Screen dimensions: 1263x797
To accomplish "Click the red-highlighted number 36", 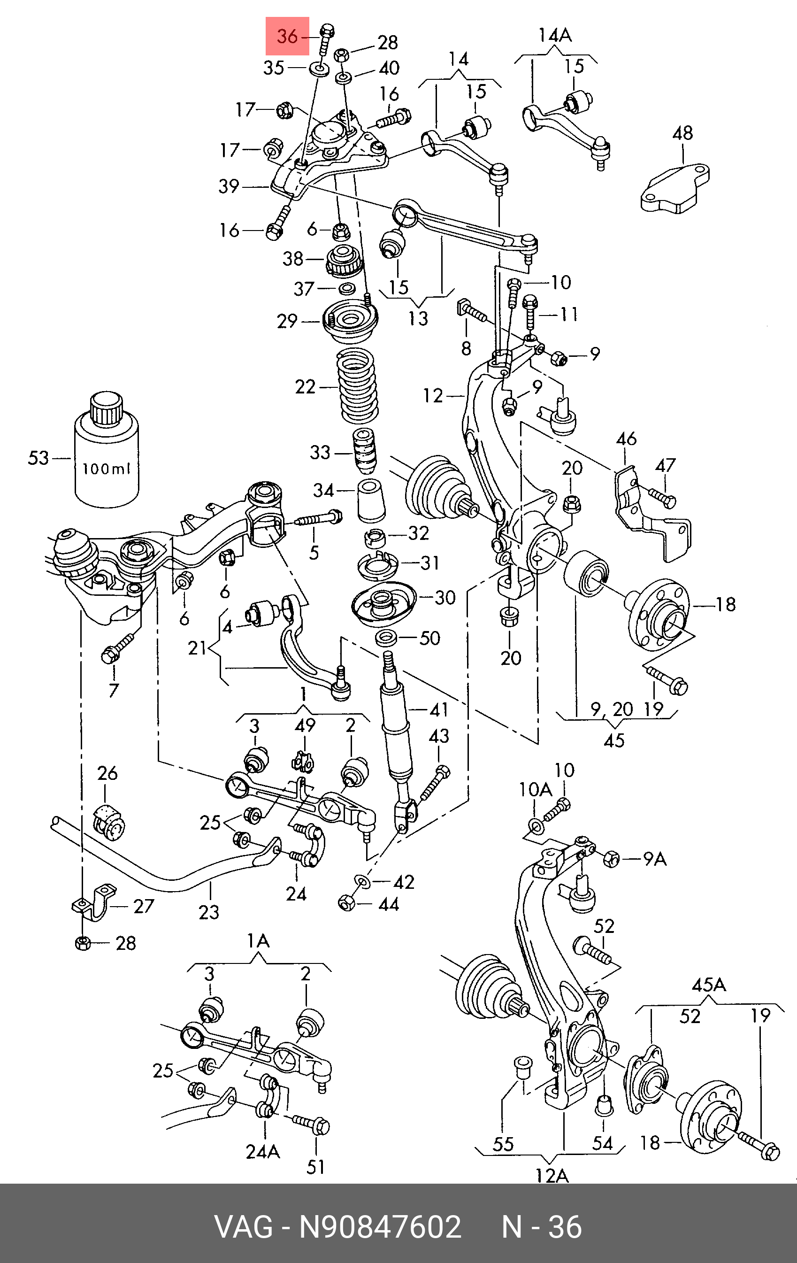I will coord(287,36).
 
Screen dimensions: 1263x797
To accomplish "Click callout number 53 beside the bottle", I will coord(38,458).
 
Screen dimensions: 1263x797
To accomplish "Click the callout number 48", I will coord(682,133).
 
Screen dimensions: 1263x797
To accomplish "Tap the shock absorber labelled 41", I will coord(398,739).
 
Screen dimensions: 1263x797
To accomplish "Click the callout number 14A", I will coord(555,36).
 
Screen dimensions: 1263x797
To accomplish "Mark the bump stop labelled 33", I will coord(364,451).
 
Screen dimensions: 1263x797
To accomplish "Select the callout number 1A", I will coord(259,941).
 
